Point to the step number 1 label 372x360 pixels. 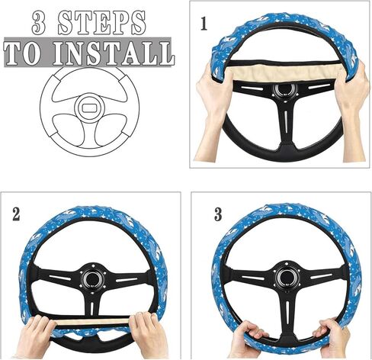pos(204,24)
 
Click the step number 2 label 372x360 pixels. pos(16,214)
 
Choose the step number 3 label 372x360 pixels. pos(219,214)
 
